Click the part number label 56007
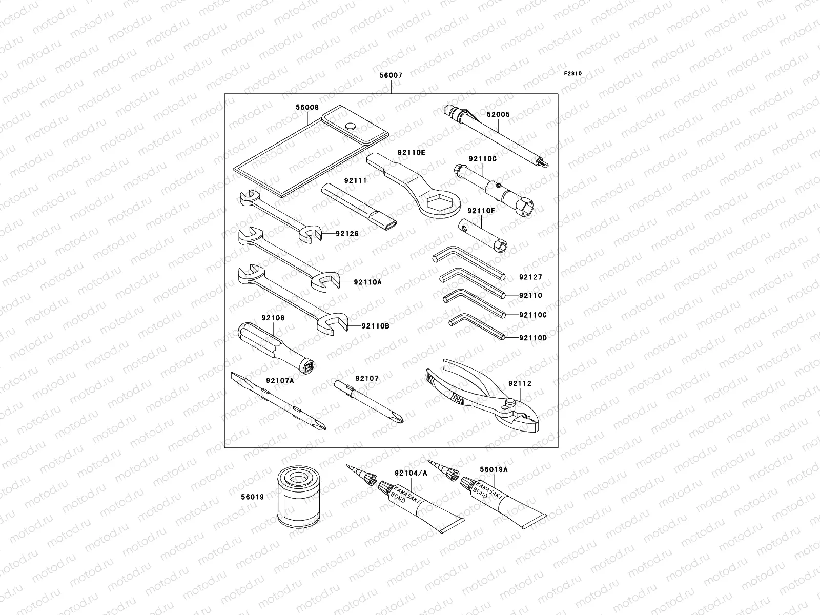click(391, 75)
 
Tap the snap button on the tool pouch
click(351, 126)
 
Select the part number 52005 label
click(498, 115)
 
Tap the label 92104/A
click(411, 473)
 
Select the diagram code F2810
click(573, 73)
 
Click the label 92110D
click(532, 338)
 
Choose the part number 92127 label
click(530, 277)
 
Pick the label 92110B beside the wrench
click(375, 325)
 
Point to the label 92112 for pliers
click(520, 383)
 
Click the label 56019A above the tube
click(494, 469)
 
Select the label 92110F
click(481, 211)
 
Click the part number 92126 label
click(347, 234)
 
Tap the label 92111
click(356, 180)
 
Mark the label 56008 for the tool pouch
click(307, 108)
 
